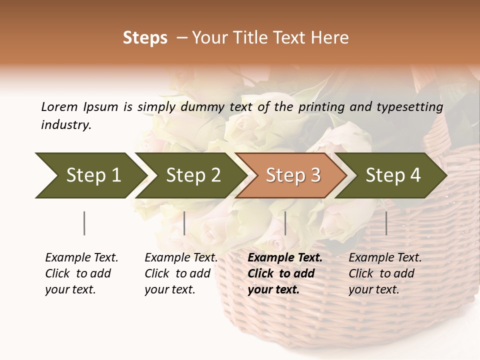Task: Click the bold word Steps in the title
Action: click(x=145, y=38)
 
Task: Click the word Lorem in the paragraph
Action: click(x=59, y=106)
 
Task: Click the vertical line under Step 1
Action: click(x=84, y=223)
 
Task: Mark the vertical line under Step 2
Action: click(x=184, y=223)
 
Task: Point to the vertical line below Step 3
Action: click(x=285, y=223)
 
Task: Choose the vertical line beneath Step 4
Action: click(x=386, y=223)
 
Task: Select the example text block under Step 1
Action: click(x=81, y=273)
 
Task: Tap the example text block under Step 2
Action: click(x=181, y=273)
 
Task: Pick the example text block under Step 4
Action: click(x=384, y=273)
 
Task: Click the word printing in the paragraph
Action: click(x=321, y=106)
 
